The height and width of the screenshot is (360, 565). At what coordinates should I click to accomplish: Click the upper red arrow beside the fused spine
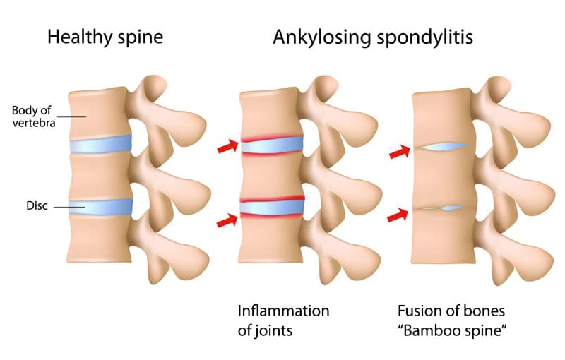pyautogui.click(x=399, y=151)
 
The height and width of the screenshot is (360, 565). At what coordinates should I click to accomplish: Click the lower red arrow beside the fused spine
pyautogui.click(x=399, y=214)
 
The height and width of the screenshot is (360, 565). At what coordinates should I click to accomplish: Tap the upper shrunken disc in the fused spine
pyautogui.click(x=442, y=147)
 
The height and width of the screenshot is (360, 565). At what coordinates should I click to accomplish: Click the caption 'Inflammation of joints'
pyautogui.click(x=282, y=320)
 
